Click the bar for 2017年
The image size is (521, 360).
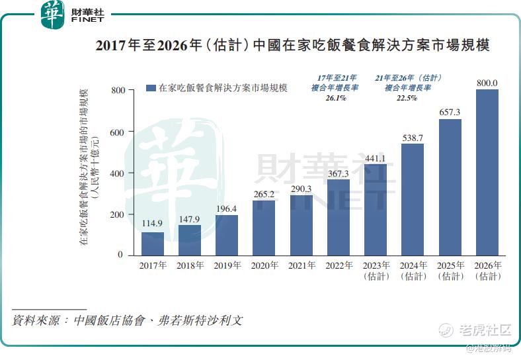(x=153, y=244)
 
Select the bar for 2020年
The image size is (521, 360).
(x=264, y=228)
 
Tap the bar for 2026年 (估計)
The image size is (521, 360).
(x=487, y=172)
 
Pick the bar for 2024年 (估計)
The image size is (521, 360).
(x=413, y=199)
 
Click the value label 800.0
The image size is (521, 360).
(x=487, y=83)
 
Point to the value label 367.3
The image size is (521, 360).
(x=338, y=173)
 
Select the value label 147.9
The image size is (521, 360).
(x=190, y=219)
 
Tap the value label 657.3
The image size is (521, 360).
(x=450, y=112)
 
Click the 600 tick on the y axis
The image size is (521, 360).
(x=117, y=132)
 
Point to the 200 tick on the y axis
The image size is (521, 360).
(x=117, y=214)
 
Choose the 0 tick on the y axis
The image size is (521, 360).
(x=120, y=255)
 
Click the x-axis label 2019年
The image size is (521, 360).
(x=227, y=266)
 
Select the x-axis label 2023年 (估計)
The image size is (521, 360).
(x=376, y=271)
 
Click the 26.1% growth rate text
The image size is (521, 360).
(x=335, y=98)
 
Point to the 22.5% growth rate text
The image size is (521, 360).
(x=407, y=98)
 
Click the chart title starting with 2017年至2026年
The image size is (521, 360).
(x=293, y=46)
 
